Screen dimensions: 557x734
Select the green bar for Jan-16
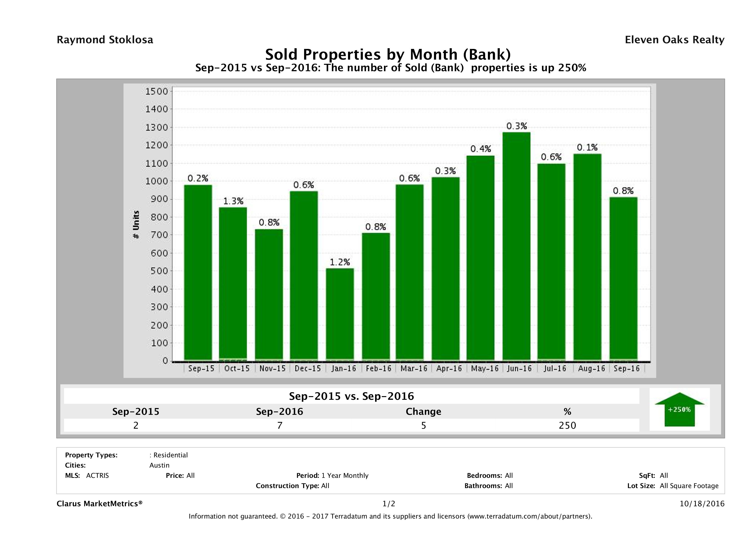coord(340,314)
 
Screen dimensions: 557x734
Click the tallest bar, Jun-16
coord(516,246)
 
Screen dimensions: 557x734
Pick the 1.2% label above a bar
coord(340,262)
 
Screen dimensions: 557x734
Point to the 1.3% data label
coord(233,201)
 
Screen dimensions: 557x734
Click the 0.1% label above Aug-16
coord(587,147)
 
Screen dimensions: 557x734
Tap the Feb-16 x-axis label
coord(378,368)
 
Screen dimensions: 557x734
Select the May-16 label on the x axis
coord(484,368)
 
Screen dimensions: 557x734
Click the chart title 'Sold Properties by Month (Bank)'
coord(388,54)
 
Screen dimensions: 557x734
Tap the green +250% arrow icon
coord(679,409)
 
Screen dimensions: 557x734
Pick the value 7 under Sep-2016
coord(280,425)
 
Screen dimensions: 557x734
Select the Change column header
coord(424,412)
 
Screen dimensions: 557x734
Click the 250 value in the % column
coord(567,425)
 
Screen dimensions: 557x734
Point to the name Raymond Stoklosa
coord(105,40)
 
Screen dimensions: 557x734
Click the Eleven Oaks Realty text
coord(674,40)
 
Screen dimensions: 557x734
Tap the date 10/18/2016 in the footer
coord(702,504)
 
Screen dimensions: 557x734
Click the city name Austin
coord(159,465)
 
